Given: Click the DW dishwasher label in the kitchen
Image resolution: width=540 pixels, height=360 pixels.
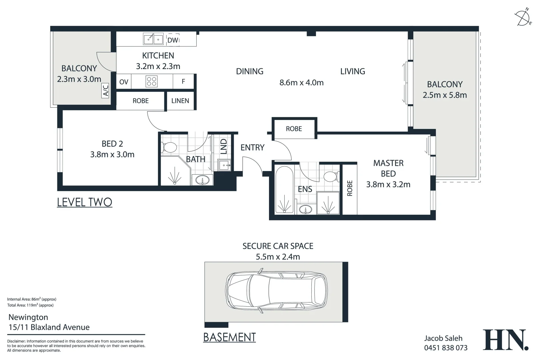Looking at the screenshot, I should point(173,40).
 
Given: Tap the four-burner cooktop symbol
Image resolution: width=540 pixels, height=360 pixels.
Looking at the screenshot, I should point(152,81).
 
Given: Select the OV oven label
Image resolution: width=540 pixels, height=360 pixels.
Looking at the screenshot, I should point(124,82).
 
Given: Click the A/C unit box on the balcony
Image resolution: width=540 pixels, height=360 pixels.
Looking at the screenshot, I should point(106,91).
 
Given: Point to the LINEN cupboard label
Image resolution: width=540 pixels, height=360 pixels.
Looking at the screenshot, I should point(180,101).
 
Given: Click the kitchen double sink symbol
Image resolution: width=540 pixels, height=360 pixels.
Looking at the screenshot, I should point(153,39).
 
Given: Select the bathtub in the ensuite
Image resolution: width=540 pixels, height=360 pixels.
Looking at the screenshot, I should point(284,190).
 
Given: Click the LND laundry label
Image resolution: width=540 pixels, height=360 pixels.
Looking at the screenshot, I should point(224,146).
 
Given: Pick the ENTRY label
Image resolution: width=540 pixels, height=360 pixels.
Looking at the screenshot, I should point(252,147).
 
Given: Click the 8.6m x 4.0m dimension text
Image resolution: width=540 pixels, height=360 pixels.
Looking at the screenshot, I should point(301,83).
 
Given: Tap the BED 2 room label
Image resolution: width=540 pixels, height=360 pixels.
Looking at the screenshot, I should point(112,144).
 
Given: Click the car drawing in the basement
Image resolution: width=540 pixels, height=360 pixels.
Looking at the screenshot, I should point(276,292).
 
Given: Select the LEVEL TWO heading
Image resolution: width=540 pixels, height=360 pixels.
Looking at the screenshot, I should point(84,202).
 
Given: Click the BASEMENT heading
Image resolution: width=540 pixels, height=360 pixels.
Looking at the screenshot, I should point(229,337).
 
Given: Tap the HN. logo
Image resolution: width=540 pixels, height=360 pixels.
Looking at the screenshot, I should point(505,340).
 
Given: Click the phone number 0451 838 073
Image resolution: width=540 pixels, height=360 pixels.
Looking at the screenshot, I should point(446,348).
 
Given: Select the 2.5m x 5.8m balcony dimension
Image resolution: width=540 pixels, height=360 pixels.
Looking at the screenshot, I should point(445,95).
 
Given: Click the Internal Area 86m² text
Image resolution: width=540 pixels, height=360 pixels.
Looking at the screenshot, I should point(32,299).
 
